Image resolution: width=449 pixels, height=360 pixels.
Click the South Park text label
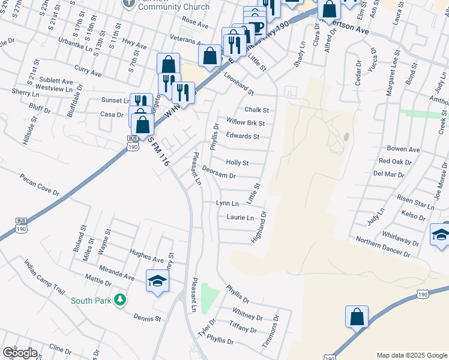pos(91,301)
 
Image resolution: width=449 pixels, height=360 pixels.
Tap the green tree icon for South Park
pos(120,299)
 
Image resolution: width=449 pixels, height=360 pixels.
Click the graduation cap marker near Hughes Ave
pos(157,280)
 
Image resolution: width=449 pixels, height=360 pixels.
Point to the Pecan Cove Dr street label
pos(40,185)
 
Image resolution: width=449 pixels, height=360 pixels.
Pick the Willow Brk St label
pos(246,123)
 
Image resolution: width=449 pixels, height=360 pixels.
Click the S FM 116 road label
pos(155,151)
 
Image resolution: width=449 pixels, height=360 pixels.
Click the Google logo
pos(20,353)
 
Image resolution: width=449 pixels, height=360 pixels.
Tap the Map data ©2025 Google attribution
pos(411,355)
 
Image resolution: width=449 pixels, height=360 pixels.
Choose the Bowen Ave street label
pos(403,149)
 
